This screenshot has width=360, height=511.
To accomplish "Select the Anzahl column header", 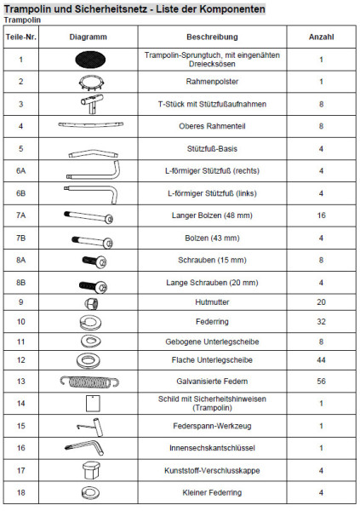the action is [x=321, y=38].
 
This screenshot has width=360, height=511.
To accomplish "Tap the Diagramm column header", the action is [x=88, y=38].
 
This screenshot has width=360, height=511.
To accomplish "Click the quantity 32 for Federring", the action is [x=321, y=321].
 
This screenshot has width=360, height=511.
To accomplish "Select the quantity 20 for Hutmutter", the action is [x=321, y=301].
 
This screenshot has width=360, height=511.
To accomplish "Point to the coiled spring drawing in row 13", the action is [x=88, y=381].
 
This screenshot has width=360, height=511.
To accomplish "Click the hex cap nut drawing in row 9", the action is [x=89, y=302].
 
